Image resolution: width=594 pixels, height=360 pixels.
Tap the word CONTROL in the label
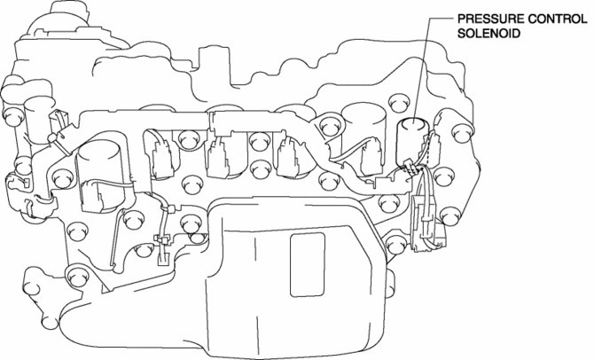547,17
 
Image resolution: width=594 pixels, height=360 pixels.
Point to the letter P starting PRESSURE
461,17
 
